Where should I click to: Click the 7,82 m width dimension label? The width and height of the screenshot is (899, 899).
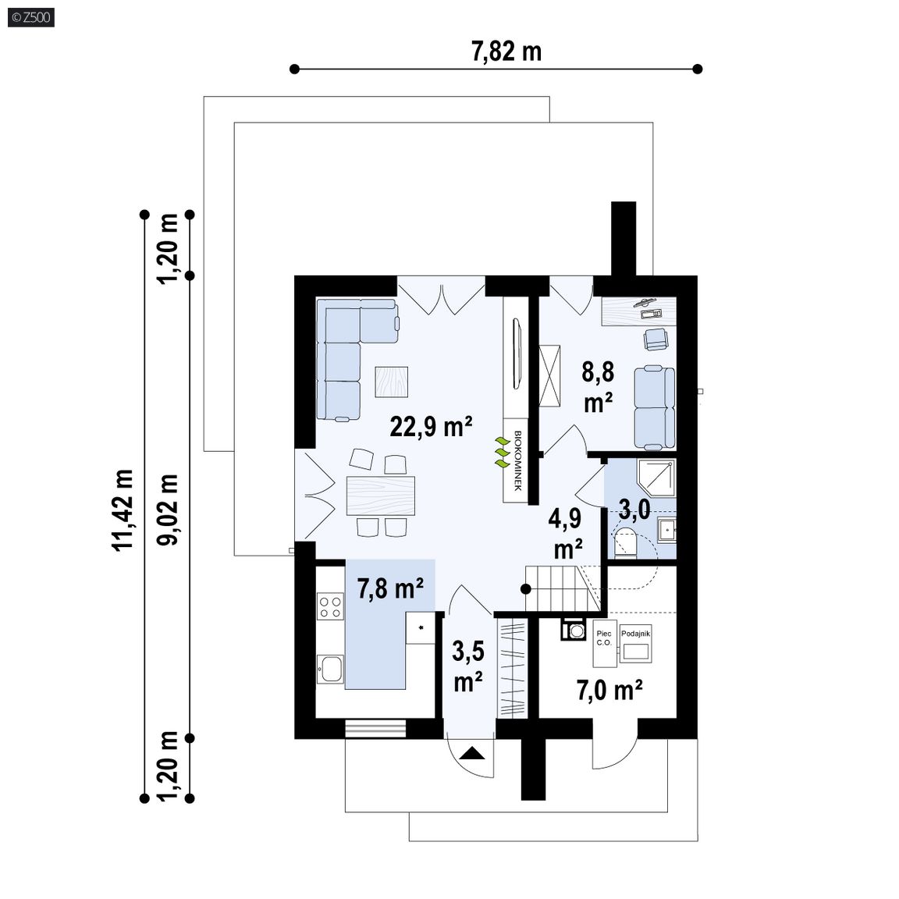(x=506, y=52)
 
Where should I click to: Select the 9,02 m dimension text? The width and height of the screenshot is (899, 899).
(x=168, y=510)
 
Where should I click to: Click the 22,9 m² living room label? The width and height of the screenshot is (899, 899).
(x=431, y=427)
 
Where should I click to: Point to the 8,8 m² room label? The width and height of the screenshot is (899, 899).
(x=598, y=388)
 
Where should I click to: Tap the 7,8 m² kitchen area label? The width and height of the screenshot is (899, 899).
(x=390, y=588)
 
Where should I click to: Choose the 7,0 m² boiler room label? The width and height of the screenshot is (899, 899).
(x=609, y=690)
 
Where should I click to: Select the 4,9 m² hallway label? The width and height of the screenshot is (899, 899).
(x=566, y=534)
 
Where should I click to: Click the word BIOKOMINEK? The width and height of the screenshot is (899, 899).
(x=517, y=460)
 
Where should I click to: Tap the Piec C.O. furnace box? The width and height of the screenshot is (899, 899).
(x=605, y=643)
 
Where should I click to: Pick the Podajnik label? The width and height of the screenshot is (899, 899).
(x=635, y=634)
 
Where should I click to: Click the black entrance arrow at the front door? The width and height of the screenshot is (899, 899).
(x=471, y=752)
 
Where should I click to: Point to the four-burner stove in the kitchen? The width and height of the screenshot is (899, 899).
(x=330, y=607)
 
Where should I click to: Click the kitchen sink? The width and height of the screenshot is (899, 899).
(x=330, y=669)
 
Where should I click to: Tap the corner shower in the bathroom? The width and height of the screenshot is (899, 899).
(x=657, y=477)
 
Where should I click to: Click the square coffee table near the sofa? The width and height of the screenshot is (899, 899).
(x=392, y=382)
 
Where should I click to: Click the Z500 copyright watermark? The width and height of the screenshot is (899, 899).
(x=31, y=17)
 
